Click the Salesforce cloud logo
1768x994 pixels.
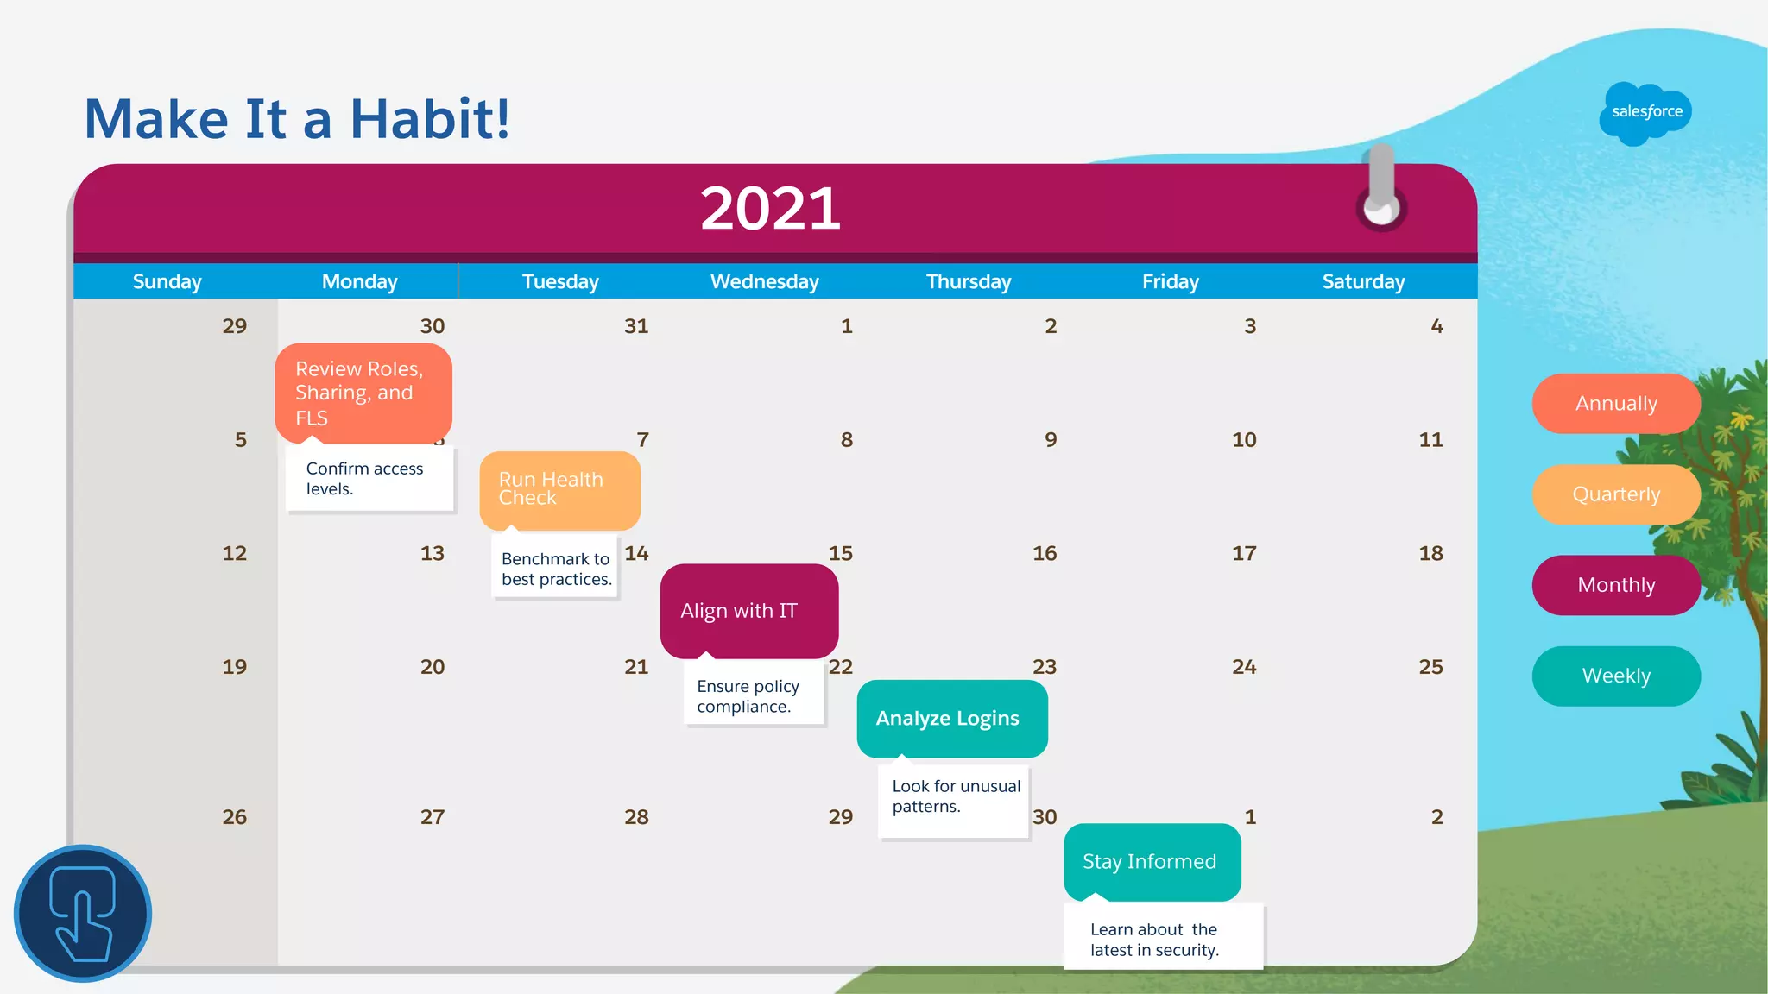(1645, 112)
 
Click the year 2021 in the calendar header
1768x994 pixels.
(770, 209)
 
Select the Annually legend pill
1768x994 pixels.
(1616, 404)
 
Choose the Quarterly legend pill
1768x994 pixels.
(1616, 494)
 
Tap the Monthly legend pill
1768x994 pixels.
(1616, 585)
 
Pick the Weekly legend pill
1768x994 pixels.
(1616, 676)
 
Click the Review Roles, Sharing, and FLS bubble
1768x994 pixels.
(363, 393)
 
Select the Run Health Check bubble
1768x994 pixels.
(559, 489)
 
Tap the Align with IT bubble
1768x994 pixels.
(748, 611)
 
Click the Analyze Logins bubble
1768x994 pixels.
(951, 718)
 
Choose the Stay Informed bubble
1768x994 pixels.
(1152, 861)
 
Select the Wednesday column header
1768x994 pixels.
(764, 281)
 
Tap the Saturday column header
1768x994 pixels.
(1363, 281)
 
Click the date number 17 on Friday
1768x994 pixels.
(1243, 553)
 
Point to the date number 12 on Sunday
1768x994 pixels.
(234, 553)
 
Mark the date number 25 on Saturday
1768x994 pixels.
(1430, 667)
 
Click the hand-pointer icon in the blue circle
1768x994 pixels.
(83, 913)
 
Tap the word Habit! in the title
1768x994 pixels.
(429, 118)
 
